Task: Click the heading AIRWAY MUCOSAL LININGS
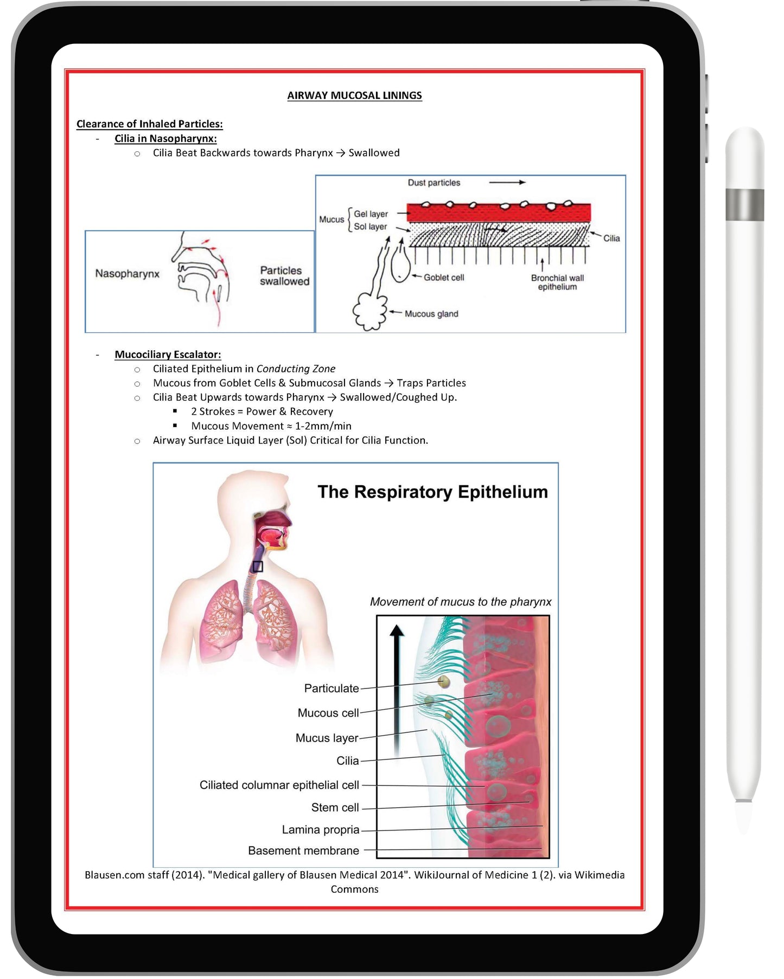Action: (x=354, y=95)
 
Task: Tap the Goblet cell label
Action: (x=443, y=278)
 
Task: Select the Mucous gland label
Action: (x=431, y=314)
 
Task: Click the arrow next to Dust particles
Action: (x=507, y=183)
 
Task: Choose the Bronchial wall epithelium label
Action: (x=557, y=282)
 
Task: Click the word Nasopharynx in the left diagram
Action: (x=127, y=274)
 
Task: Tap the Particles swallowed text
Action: (x=284, y=276)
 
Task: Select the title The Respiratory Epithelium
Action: (x=432, y=492)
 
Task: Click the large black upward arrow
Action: (x=397, y=688)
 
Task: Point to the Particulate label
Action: (x=332, y=688)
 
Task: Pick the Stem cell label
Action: (x=335, y=808)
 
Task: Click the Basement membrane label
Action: (x=303, y=851)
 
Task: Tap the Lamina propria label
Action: (x=320, y=830)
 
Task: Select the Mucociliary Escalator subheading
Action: (x=168, y=355)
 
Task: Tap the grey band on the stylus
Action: (x=744, y=205)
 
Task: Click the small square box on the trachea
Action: (x=258, y=566)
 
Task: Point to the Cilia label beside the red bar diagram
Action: (x=611, y=239)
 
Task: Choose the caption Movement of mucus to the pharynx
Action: (x=460, y=602)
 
